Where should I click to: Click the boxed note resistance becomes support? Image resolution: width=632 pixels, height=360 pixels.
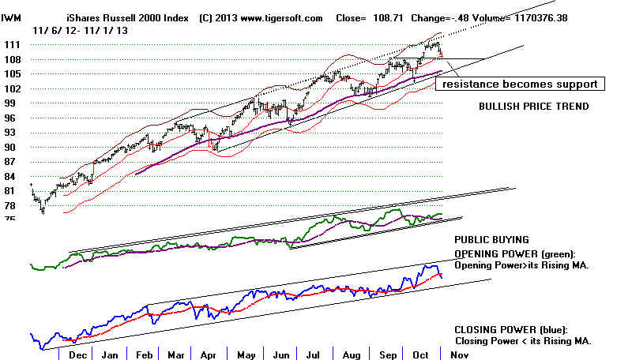[520, 84]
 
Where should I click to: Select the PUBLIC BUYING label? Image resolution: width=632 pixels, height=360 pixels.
[491, 240]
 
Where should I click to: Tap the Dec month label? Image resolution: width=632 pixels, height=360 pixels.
[78, 354]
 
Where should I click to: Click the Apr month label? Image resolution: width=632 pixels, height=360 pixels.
[209, 354]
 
